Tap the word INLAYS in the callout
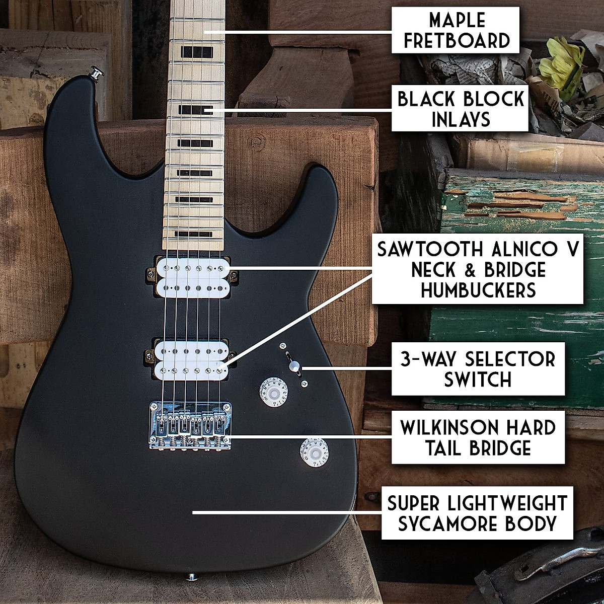461,120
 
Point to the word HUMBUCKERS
478,290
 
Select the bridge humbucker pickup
191,358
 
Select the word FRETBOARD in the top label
457,40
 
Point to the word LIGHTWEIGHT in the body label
506,503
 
